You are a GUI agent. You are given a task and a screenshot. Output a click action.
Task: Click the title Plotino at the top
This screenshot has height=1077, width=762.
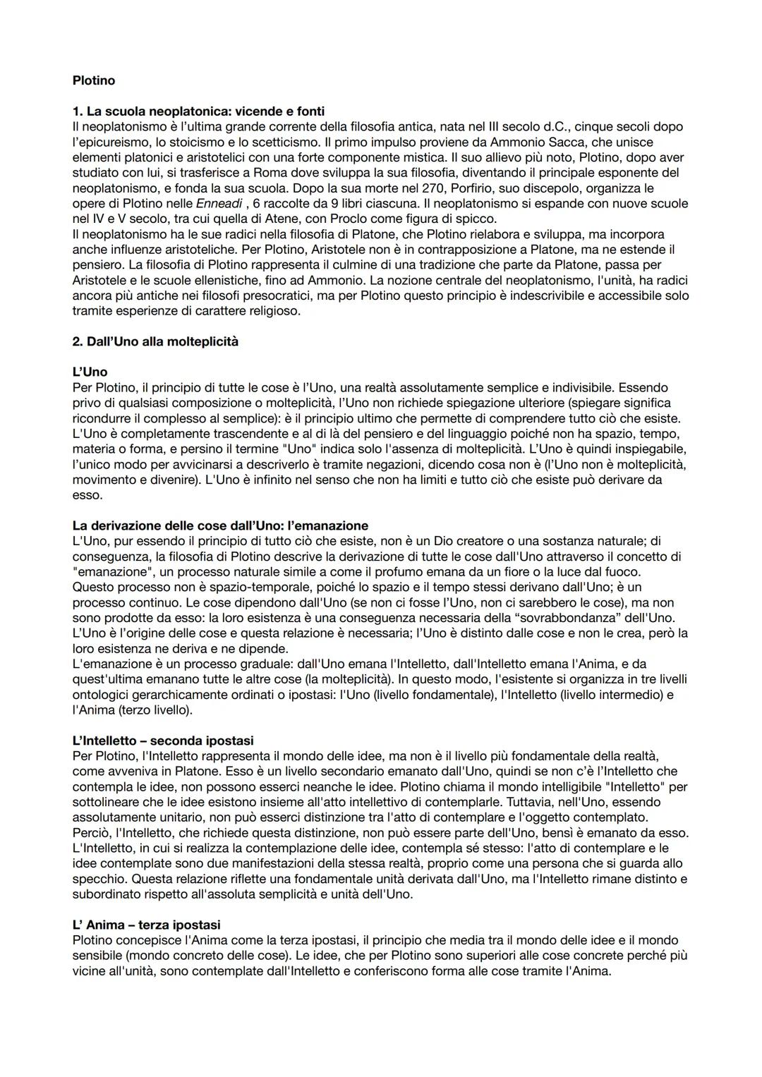coord(93,80)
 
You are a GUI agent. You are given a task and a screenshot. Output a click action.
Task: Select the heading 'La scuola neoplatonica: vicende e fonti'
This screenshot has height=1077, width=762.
coord(198,111)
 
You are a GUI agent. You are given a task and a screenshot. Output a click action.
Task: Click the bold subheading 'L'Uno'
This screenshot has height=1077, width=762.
coord(90,372)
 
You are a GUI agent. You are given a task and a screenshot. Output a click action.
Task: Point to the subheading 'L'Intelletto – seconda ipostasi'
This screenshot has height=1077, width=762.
coord(162,741)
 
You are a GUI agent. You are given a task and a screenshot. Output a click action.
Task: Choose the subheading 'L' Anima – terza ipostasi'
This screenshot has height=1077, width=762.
coord(146,925)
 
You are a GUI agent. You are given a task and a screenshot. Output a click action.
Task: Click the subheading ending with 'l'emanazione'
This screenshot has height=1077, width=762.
coord(220,525)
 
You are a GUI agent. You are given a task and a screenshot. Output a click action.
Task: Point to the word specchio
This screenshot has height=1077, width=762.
coord(101,879)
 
